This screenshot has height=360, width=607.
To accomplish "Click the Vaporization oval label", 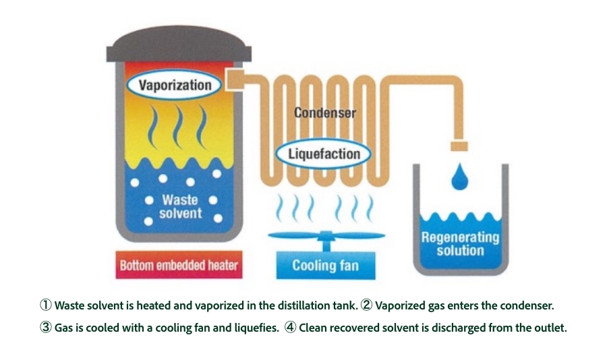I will click(x=175, y=85).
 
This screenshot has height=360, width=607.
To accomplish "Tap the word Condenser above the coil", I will click(x=324, y=113).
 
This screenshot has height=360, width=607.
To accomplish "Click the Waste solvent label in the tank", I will click(x=180, y=206).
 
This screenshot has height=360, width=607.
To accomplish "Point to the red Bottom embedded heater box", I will click(x=179, y=265).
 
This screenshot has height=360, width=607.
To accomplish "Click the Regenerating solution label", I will click(x=460, y=243).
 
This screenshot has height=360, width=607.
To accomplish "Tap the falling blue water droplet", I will click(x=460, y=176).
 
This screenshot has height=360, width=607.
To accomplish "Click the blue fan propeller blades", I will click(x=326, y=236).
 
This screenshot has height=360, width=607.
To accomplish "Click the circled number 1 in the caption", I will click(x=47, y=305).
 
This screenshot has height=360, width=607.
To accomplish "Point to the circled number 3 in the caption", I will click(x=47, y=328).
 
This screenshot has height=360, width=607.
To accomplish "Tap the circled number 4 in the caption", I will click(x=291, y=328).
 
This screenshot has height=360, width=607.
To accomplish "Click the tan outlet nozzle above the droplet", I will click(x=460, y=145).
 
